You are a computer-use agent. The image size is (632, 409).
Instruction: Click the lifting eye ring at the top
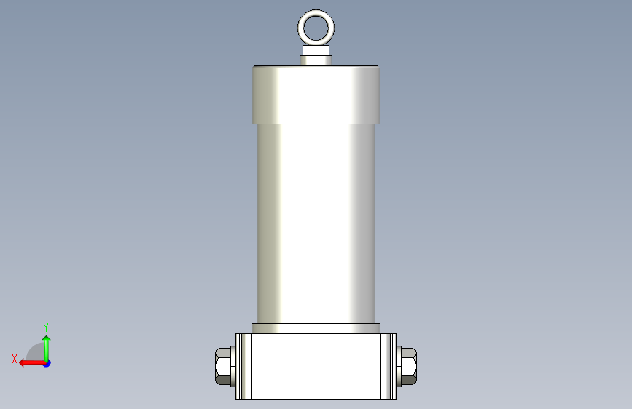[316, 12]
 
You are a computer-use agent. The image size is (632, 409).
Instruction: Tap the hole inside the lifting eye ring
[316, 28]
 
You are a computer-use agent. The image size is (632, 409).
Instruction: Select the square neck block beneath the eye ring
[316, 50]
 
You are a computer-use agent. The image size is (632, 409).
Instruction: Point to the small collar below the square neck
[316, 60]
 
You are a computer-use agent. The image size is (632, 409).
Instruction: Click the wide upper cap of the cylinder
[316, 95]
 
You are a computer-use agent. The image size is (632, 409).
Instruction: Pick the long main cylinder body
[316, 223]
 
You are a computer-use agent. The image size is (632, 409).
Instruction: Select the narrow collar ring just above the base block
[316, 328]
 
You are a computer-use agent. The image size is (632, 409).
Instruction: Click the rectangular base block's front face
[316, 366]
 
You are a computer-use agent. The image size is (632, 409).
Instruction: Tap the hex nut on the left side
[223, 366]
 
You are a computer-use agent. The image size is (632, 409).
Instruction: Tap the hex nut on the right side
[409, 366]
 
